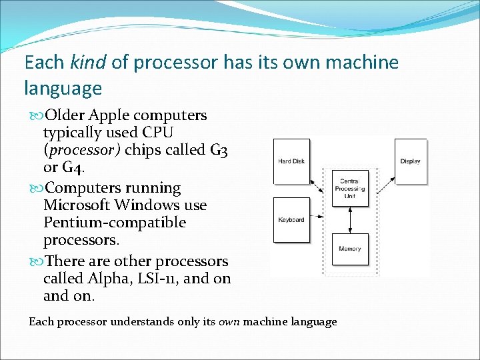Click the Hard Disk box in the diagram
(x=291, y=161)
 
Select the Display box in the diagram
(x=410, y=161)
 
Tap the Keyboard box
(x=291, y=219)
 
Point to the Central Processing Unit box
(x=350, y=189)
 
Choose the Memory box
(x=350, y=249)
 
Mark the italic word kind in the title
(x=87, y=63)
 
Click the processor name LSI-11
(x=155, y=278)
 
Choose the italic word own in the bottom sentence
(x=228, y=322)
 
